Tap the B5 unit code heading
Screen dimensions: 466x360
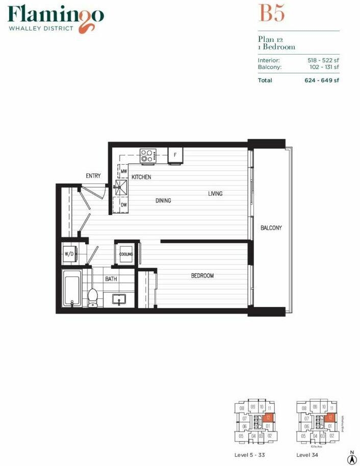[x=272, y=13]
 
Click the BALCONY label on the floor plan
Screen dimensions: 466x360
[x=271, y=228]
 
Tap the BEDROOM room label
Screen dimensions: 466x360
[x=202, y=276]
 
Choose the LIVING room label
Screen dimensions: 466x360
[x=215, y=194]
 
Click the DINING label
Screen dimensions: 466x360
[x=163, y=201]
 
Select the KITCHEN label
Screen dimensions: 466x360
[x=141, y=177]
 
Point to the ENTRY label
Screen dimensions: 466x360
[x=93, y=176]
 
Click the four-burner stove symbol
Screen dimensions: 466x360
[x=148, y=155]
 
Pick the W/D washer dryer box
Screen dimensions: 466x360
[x=69, y=253]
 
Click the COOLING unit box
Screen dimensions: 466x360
[x=126, y=254]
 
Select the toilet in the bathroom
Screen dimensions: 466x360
[x=93, y=297]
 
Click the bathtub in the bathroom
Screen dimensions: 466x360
[x=71, y=289]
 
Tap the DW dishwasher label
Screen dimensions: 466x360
[x=123, y=205]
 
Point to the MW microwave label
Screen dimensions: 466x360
[x=123, y=172]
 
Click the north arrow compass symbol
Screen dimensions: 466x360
[x=351, y=453]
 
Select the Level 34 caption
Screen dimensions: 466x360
[x=307, y=454]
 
